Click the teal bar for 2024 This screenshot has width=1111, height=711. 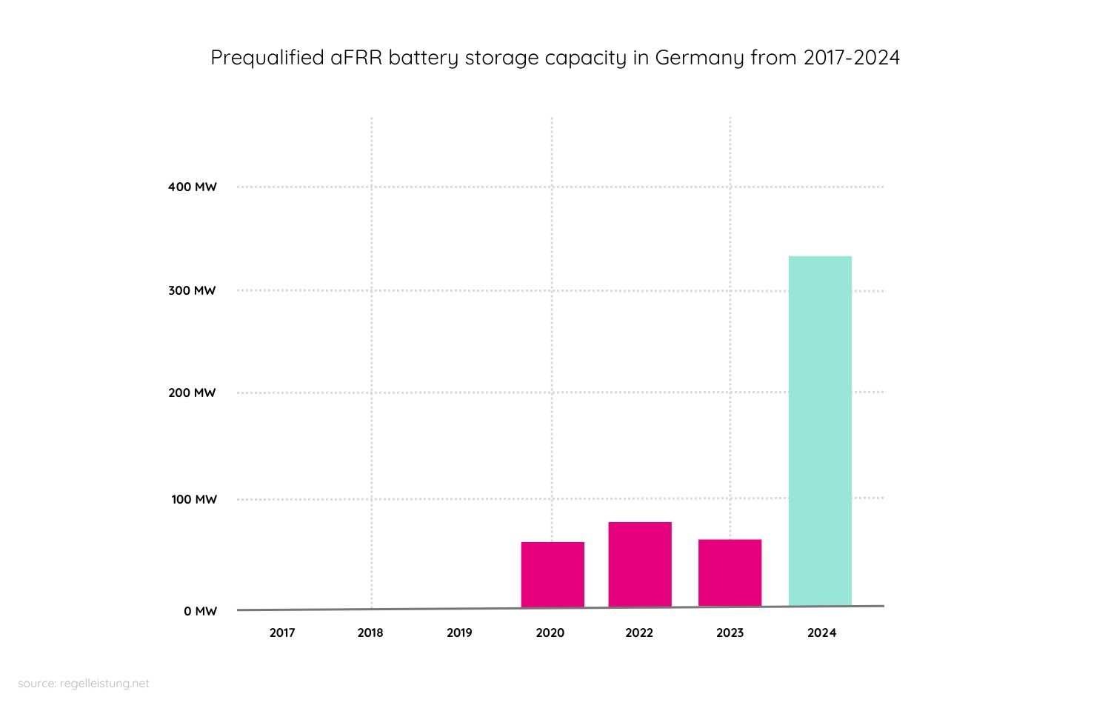pos(820,431)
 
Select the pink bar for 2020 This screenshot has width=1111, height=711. pos(553,575)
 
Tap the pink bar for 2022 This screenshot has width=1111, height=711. pos(640,564)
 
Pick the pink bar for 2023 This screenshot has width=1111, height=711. pos(730,573)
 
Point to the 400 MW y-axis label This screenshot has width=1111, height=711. pos(193,187)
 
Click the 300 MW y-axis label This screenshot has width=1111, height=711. pos(192,290)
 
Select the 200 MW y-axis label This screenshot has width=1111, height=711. pos(192,393)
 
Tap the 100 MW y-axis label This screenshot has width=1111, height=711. pos(194,499)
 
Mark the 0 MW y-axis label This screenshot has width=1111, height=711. pos(201,611)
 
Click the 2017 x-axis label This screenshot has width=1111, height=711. pos(282,632)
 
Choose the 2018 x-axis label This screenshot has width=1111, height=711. pos(370,632)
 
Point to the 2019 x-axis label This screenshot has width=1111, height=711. pos(459,632)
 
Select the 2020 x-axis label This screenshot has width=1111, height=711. pos(550,632)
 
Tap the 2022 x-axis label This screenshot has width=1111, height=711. pos(639,632)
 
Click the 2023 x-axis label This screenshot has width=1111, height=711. pos(730,632)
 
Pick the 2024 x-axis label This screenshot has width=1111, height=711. pos(821,632)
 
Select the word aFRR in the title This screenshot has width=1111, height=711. pos(356,58)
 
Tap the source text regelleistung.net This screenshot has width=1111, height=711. pos(104,683)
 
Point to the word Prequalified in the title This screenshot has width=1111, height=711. pos(267,58)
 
